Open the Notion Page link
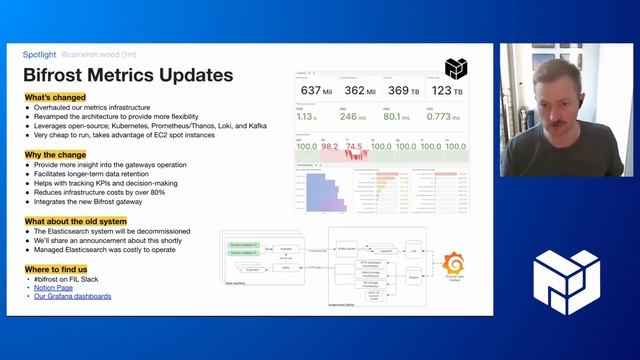click(x=54, y=288)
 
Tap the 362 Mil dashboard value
click(x=362, y=91)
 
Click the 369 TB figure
click(x=404, y=91)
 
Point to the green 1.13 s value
click(x=306, y=116)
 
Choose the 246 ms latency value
click(x=353, y=116)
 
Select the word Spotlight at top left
click(x=40, y=55)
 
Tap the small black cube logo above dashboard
click(x=455, y=67)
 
